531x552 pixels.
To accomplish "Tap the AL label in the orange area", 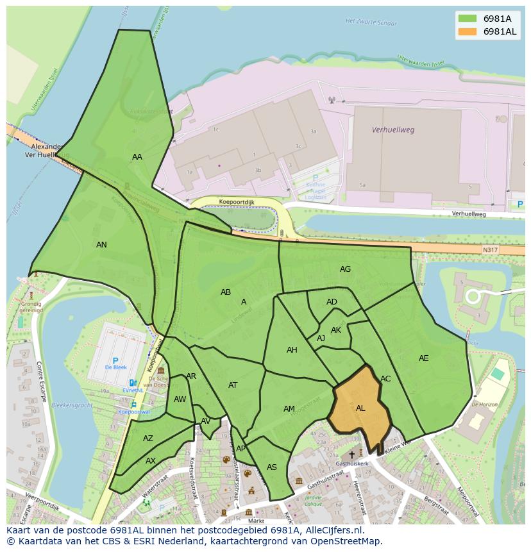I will point(360,408).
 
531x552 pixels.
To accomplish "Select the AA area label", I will point(137,157).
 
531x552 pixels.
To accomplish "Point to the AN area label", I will point(101,245).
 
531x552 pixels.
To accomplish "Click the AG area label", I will point(345,269).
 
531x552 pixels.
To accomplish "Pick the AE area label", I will point(423,358).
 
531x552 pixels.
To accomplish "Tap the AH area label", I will point(292,350).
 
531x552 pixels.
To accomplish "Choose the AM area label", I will point(289,409).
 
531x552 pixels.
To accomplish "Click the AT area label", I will point(233,385).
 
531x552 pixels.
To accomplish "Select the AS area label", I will point(272,467).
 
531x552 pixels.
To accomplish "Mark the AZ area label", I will point(148,439).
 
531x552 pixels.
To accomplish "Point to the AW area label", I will point(180,399).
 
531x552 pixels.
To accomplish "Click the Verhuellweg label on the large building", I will point(393,130).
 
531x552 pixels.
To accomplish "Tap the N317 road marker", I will point(491,250).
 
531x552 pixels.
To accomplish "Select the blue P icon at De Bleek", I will point(115,362).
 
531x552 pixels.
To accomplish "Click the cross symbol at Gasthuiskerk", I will point(351,455).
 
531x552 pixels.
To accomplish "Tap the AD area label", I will point(332,302).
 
